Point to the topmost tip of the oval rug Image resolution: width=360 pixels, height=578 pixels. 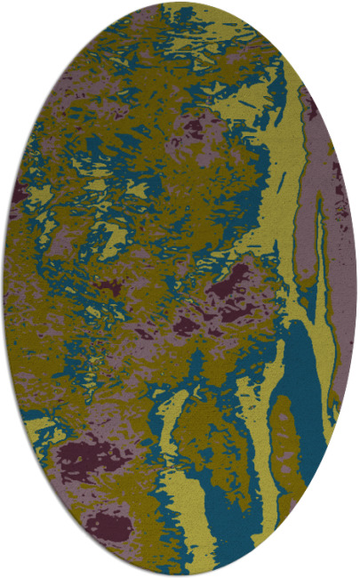(x=180, y=3)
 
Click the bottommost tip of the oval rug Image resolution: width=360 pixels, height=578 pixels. (x=180, y=575)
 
